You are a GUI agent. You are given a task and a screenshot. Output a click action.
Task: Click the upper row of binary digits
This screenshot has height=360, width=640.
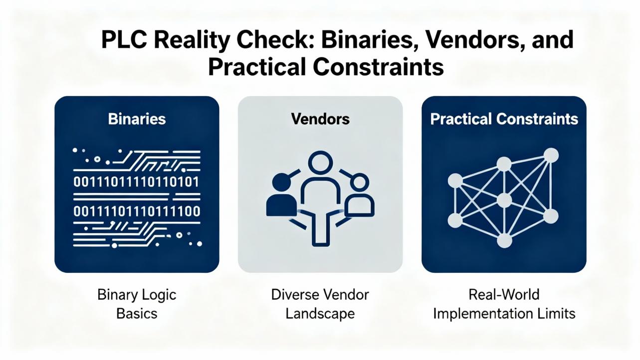pyautogui.click(x=137, y=182)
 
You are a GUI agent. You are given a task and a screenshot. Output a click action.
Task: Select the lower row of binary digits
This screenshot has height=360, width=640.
pyautogui.click(x=137, y=211)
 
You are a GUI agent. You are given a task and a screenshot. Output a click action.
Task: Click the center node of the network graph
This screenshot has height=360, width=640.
pyautogui.click(x=504, y=200)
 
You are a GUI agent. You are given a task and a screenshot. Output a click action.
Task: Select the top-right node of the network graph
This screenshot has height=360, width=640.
pyautogui.click(x=551, y=155)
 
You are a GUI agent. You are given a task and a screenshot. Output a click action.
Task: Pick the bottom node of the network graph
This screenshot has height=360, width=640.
pyautogui.click(x=504, y=240)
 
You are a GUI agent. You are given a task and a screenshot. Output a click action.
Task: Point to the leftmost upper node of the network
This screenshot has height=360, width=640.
pyautogui.click(x=455, y=180)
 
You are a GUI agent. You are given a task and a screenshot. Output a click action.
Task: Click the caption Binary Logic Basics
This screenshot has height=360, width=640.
pyautogui.click(x=137, y=304)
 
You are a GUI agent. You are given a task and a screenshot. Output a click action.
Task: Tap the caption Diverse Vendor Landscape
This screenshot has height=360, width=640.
pyautogui.click(x=320, y=304)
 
